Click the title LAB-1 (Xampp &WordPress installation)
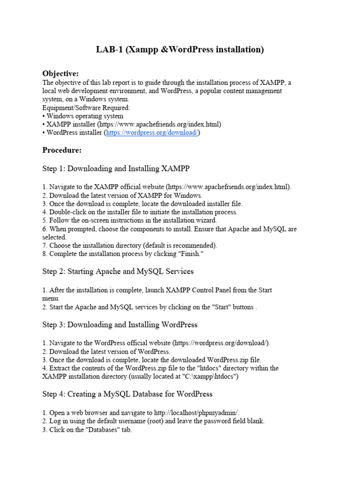coord(180,49)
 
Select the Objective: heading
coord(60,74)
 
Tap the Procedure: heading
coord(62,150)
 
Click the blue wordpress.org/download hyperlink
coord(152,133)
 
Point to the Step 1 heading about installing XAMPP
coord(116,168)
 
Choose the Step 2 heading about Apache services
coord(118,271)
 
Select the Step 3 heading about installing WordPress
coord(120,324)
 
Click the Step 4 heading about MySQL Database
coord(127,394)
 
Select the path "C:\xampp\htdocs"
coord(209,376)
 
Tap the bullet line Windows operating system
coord(85,116)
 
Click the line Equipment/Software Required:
coord(86,107)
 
